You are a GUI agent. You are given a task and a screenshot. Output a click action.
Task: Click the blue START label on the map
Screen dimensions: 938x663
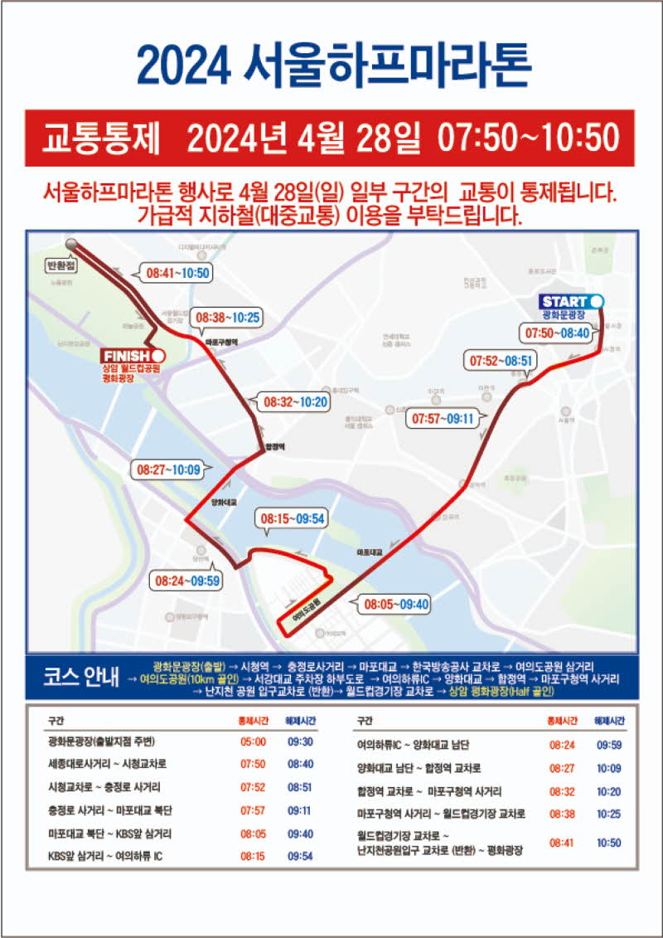[x=566, y=301]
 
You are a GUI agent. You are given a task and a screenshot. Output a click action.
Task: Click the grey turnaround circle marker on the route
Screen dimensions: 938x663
[x=71, y=245]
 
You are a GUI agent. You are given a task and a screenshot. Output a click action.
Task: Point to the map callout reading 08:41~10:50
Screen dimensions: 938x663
[x=177, y=272]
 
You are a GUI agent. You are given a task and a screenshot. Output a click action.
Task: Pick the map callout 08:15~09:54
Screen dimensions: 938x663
[x=293, y=518]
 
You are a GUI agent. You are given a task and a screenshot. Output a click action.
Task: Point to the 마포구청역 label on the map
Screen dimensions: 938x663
[x=221, y=341]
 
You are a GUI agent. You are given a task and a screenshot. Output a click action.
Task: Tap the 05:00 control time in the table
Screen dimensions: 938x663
[x=253, y=741]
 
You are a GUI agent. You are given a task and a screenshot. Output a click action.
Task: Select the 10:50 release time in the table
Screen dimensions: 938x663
[x=609, y=842]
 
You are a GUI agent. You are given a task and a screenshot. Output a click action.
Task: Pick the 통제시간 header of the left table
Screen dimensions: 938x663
[x=253, y=721]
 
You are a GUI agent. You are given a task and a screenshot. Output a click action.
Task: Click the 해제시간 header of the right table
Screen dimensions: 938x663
[x=609, y=721]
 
